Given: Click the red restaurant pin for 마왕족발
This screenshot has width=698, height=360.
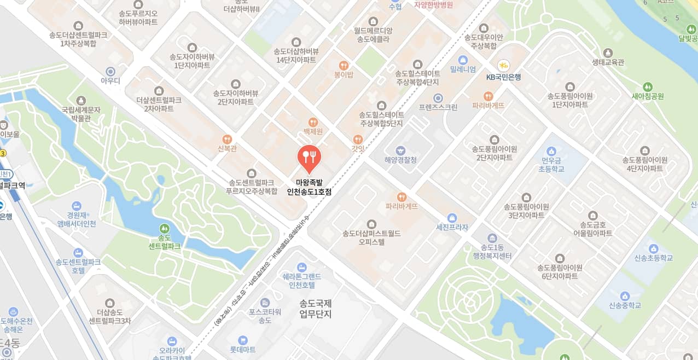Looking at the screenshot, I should click(x=309, y=157).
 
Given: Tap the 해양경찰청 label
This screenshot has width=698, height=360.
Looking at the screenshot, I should click(x=400, y=160).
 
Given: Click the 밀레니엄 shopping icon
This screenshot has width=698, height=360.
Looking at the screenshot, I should click(x=463, y=59).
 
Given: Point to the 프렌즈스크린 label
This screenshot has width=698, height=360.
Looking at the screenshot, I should click(x=438, y=108).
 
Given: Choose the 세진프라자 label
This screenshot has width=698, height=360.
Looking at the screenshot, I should click(x=452, y=228).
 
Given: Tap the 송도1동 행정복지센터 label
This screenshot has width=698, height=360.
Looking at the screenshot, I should click(x=492, y=252).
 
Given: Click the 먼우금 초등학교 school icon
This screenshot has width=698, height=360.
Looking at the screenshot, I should click(x=551, y=150).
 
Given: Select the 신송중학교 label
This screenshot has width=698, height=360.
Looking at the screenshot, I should click(x=625, y=305).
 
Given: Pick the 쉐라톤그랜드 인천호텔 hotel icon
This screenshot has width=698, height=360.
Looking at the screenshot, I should click(x=301, y=267).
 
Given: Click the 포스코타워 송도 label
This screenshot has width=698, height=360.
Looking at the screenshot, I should click(x=265, y=316).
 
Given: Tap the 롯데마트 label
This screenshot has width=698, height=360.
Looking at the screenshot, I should click(x=243, y=349).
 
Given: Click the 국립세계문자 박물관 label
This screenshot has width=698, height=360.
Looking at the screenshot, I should click(x=82, y=113).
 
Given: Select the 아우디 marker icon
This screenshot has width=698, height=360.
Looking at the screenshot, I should click(x=110, y=71).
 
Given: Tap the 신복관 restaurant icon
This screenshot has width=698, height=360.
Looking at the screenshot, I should click(x=227, y=139).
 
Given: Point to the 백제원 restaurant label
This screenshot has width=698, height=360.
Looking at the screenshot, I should click(x=313, y=132).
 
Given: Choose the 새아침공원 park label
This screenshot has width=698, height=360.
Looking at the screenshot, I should click(x=648, y=96).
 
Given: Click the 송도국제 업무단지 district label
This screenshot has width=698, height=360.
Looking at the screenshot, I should click(x=316, y=309).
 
